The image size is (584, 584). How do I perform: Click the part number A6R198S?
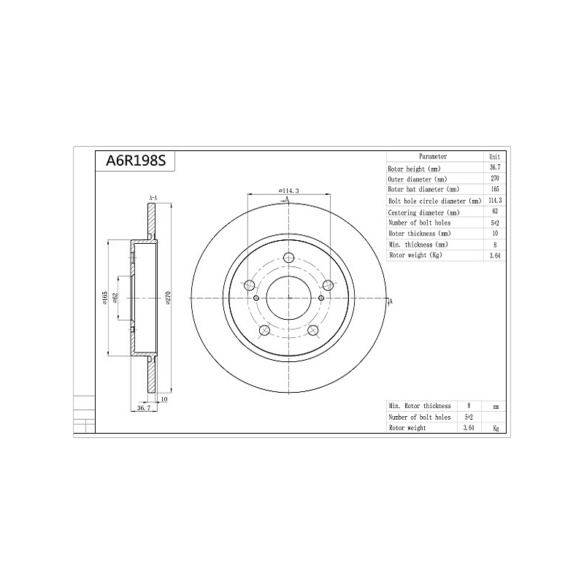(136, 161)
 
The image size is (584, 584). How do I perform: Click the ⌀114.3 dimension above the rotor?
(288, 191)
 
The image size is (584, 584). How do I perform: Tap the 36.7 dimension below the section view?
(144, 408)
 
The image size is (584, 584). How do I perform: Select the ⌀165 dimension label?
(105, 298)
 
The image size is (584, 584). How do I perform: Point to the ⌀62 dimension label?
(115, 298)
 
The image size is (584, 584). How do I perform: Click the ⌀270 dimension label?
(168, 298)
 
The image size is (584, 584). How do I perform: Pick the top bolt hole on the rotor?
(288, 258)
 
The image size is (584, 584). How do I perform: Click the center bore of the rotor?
(289, 298)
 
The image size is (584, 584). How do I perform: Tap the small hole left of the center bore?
(256, 298)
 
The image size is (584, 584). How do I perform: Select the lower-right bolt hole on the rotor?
(313, 330)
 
